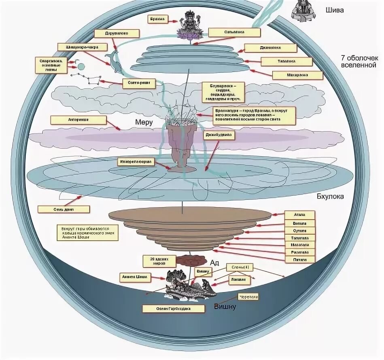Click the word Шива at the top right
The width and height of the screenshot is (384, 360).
[x=335, y=10]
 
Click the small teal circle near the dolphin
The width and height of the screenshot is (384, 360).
[x=81, y=66]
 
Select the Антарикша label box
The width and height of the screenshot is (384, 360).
[x=79, y=120]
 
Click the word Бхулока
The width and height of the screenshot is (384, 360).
[x=330, y=197]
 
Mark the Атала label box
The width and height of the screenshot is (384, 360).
[x=300, y=214]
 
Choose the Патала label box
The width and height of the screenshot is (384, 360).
[x=300, y=260]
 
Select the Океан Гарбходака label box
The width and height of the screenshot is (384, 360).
[x=173, y=309]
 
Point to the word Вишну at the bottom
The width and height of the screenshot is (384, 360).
[x=225, y=307]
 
